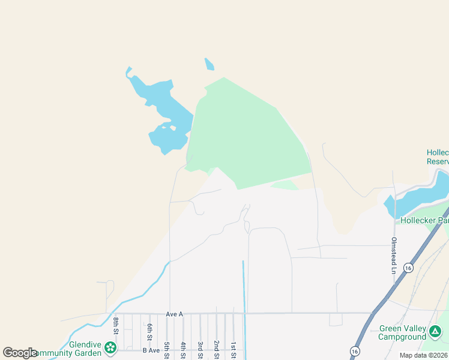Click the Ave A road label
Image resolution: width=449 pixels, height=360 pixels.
tap(173, 314)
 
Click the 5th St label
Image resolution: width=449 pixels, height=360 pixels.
tap(166, 349)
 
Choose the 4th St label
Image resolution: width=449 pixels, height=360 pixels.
tap(183, 349)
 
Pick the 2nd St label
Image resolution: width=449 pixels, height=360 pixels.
tap(216, 349)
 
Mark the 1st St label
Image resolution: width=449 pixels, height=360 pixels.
tap(233, 349)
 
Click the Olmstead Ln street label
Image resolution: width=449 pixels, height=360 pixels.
tap(394, 256)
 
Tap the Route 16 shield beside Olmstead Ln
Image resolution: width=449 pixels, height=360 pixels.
tap(408, 268)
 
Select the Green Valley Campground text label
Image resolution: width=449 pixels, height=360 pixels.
tap(402, 333)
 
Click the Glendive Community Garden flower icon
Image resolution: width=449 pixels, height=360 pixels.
tap(110, 347)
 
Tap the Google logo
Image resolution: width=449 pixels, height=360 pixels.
tap(20, 353)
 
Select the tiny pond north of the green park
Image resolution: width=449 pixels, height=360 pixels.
tap(209, 64)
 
